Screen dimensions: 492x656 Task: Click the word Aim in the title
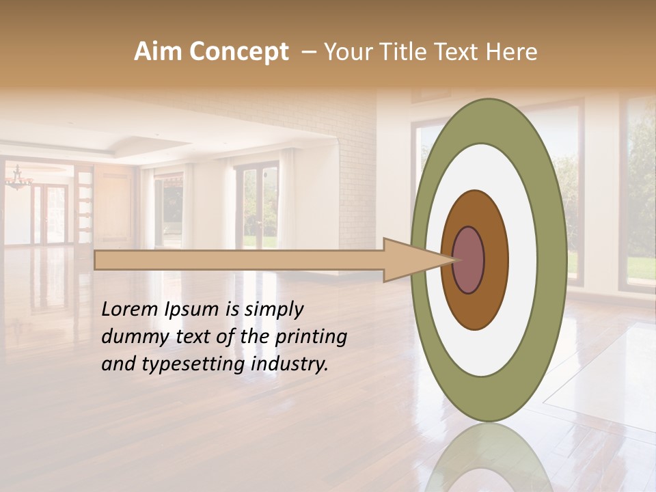[159, 52]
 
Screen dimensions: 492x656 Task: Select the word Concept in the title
[238, 52]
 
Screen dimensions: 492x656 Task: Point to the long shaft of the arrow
[239, 260]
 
